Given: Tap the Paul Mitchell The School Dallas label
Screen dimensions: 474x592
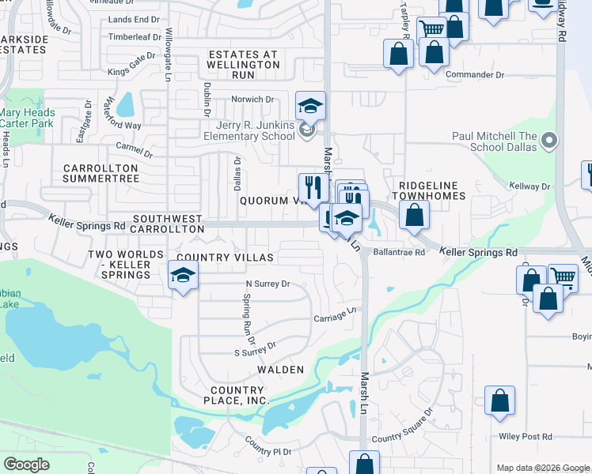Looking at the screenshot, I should pos(495,141).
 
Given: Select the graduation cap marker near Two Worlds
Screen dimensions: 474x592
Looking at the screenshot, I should pos(183,276).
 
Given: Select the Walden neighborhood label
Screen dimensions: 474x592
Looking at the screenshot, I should pos(280,369).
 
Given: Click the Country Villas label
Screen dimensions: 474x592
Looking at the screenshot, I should pos(225,258).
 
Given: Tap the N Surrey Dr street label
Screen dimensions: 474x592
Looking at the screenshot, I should pos(268,284).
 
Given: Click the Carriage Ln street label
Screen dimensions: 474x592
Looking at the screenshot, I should pos(332,316).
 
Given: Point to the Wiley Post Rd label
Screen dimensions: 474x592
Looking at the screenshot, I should pos(526,436).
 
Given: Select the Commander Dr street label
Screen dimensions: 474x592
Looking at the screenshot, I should pos(475,75).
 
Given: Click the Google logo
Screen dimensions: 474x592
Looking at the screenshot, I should pos(26,465).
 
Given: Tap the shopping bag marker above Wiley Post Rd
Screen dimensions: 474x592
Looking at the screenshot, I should pos(499,401).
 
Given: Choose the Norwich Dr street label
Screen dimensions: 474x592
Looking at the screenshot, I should pos(252,100).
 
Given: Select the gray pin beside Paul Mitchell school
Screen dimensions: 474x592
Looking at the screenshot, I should pos(550,141).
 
